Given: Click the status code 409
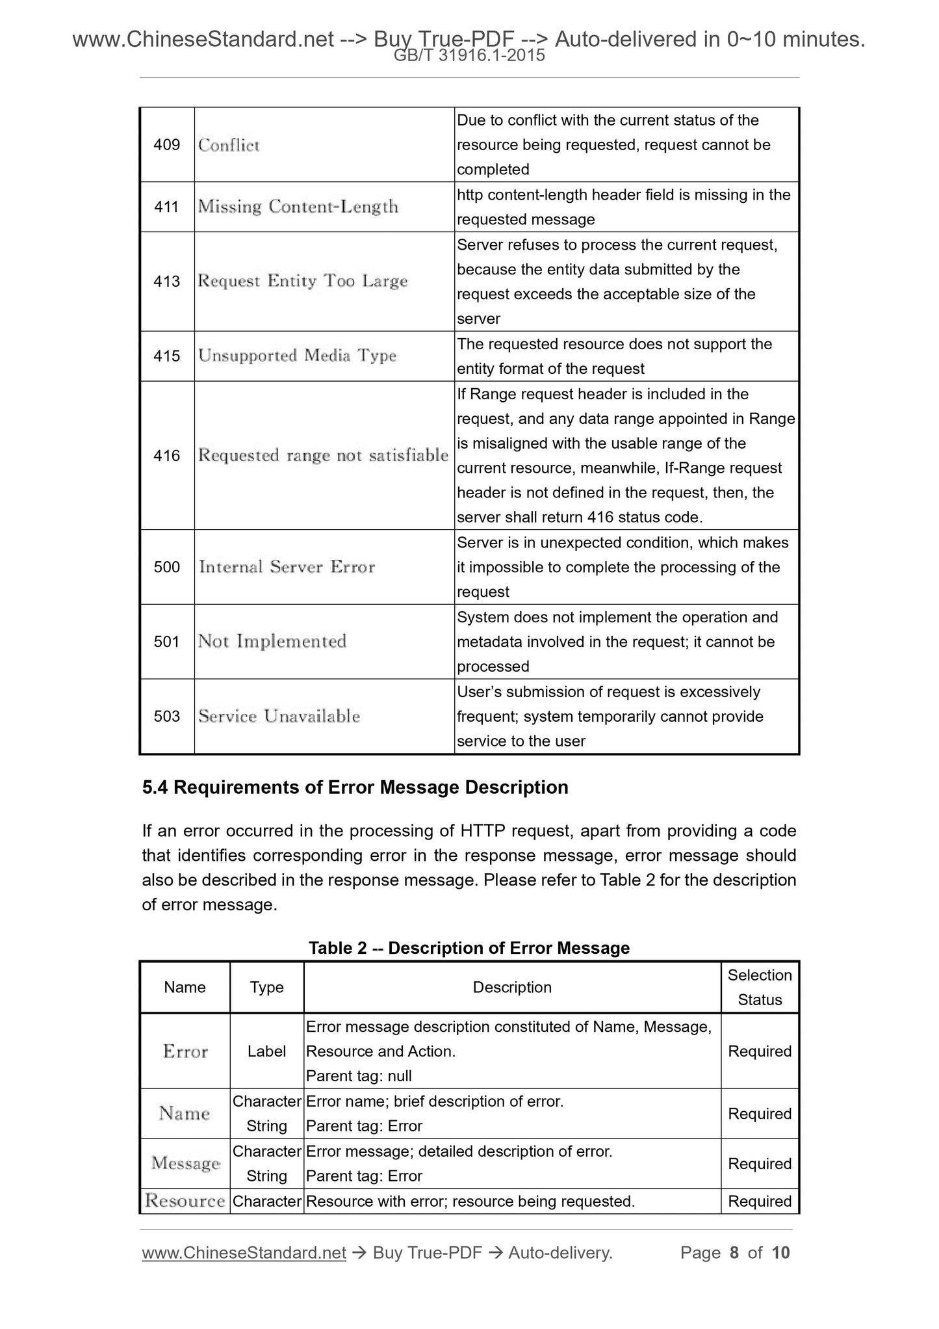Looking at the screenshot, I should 166,145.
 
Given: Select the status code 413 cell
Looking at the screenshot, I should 166,282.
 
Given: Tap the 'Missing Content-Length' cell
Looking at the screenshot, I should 298,207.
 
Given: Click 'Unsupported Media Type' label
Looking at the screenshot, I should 297,356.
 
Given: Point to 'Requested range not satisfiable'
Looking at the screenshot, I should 323,455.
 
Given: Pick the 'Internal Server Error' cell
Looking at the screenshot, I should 287,567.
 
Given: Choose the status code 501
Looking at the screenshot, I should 166,642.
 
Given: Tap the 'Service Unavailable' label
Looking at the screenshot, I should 279,717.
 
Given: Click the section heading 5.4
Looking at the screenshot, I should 355,787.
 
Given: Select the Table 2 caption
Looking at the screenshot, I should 469,948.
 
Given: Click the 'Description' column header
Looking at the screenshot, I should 512,987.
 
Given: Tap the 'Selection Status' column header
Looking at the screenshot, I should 760,987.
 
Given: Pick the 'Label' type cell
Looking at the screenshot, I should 266,1051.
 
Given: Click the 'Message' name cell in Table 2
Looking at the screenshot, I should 185,1163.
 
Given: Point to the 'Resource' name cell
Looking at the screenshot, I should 185,1201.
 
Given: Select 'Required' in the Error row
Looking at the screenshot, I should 760,1051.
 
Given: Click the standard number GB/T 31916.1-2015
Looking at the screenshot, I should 469,56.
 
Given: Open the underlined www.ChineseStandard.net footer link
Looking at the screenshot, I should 244,1253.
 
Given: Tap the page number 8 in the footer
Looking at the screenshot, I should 734,1253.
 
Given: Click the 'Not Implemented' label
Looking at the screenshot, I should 272,642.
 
